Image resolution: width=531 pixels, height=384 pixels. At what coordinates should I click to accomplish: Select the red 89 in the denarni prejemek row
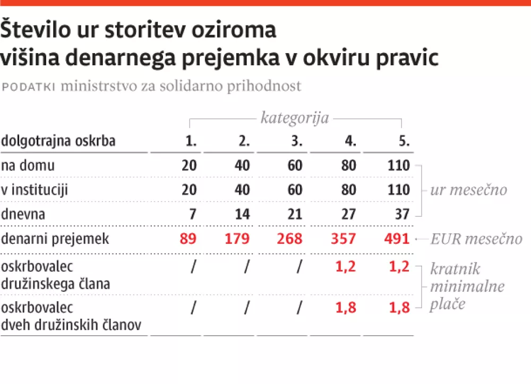coord(189,239)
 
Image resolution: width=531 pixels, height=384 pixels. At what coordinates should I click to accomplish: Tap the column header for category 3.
coord(296,141)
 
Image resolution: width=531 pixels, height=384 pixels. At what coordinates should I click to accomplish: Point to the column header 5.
coord(404,141)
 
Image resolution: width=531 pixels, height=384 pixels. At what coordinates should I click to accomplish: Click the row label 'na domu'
coord(28,165)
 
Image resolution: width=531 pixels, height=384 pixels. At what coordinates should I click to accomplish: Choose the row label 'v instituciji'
coord(35,190)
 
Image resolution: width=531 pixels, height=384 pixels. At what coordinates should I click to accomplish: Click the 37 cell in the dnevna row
coord(402,214)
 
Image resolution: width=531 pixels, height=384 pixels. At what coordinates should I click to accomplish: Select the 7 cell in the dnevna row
coord(193,214)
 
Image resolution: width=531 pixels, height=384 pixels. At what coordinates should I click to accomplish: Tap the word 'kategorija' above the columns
coord(294,117)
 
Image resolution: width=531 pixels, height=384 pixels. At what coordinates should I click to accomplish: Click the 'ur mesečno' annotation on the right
coord(468,190)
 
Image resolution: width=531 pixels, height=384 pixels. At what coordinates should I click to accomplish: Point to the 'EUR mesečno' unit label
coord(476,239)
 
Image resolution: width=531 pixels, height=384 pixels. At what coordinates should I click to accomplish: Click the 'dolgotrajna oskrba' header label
coord(58,141)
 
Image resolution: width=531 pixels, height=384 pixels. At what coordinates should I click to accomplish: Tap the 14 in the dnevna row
coord(242,214)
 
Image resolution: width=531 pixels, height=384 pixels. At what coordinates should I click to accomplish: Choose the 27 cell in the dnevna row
coord(349,214)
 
